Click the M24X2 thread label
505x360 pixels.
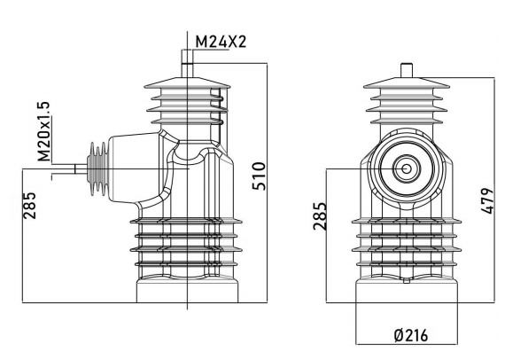(221, 42)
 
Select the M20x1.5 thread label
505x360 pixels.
(43, 131)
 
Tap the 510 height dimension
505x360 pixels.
(260, 176)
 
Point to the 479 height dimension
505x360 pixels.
(486, 200)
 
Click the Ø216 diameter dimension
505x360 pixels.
(411, 335)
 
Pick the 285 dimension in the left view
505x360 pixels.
(29, 206)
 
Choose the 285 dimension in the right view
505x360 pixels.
(320, 216)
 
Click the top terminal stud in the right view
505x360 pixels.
(407, 70)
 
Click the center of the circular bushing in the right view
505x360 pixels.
(407, 168)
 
